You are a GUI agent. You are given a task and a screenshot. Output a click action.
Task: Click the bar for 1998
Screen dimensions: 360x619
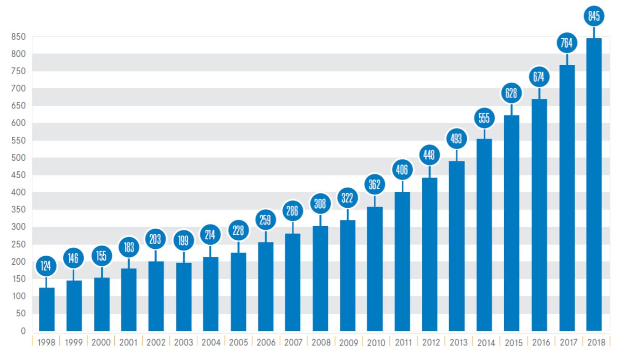click(x=47, y=309)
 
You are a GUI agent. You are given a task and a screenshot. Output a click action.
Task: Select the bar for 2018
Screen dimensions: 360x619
click(x=593, y=185)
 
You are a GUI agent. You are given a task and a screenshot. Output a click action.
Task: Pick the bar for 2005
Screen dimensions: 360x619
click(x=238, y=292)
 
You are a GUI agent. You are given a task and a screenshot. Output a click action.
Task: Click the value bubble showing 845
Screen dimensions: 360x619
click(x=593, y=16)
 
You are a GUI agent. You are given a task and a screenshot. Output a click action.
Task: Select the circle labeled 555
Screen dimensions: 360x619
click(x=484, y=118)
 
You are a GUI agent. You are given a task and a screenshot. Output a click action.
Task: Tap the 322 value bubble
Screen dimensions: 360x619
click(x=348, y=198)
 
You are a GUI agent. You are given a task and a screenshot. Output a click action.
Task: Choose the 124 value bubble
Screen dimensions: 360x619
click(x=46, y=266)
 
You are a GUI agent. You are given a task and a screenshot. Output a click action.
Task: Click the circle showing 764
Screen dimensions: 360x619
click(x=567, y=43)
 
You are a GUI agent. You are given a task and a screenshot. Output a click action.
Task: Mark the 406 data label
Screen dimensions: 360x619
click(x=402, y=170)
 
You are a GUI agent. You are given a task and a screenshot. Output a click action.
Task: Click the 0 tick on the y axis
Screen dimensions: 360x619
click(x=23, y=331)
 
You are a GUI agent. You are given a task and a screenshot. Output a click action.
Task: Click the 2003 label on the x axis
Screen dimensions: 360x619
click(x=183, y=343)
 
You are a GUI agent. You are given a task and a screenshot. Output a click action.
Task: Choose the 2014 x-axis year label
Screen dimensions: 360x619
click(x=486, y=343)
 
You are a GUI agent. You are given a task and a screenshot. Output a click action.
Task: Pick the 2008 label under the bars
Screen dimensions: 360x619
click(x=321, y=343)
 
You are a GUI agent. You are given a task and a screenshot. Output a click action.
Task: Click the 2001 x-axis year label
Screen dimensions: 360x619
click(x=128, y=343)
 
